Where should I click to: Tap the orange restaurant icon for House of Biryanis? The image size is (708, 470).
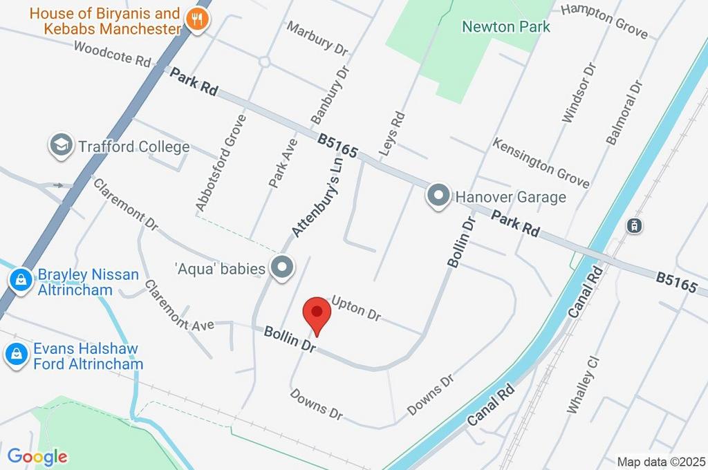pyautogui.click(x=197, y=21)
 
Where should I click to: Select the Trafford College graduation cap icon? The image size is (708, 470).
pyautogui.click(x=61, y=146)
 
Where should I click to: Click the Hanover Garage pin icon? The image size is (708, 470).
pyautogui.click(x=438, y=196)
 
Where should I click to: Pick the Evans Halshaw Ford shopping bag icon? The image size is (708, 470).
pyautogui.click(x=15, y=354)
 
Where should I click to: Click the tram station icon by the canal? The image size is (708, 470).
pyautogui.click(x=633, y=225)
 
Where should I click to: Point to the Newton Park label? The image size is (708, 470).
pyautogui.click(x=506, y=27)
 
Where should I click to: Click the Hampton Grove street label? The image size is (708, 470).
pyautogui.click(x=604, y=21)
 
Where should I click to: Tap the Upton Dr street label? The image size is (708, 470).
pyautogui.click(x=356, y=308)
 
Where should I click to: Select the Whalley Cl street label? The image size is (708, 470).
pyautogui.click(x=581, y=384)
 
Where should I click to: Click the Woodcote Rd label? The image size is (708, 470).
pyautogui.click(x=111, y=54)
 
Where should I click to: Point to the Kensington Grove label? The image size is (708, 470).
pyautogui.click(x=541, y=163)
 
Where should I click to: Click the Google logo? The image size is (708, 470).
pyautogui.click(x=37, y=456)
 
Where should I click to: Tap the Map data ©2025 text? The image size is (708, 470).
pyautogui.click(x=660, y=462)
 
